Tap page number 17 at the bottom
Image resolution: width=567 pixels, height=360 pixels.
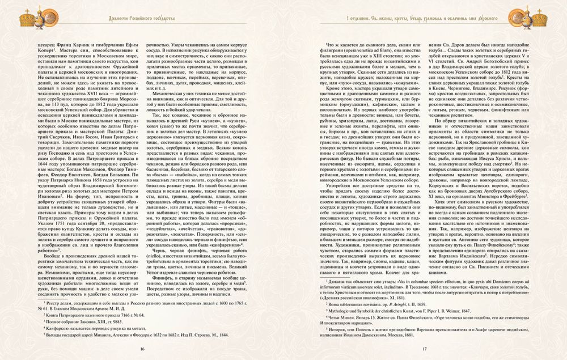(x=424, y=348)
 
